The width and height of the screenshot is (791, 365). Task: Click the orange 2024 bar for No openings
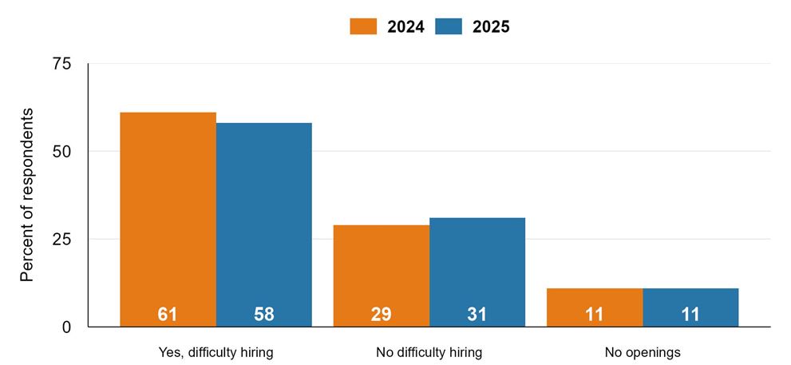594,300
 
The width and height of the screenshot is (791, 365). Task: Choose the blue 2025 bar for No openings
690,300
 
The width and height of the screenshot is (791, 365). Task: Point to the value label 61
168,315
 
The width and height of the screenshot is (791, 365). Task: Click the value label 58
263,315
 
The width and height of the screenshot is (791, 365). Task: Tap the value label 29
381,315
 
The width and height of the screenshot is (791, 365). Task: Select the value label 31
477,315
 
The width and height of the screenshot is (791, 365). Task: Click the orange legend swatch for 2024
362,26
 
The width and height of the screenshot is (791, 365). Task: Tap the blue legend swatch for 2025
448,26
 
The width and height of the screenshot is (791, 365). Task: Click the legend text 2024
405,26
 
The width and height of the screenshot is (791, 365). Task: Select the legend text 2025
491,26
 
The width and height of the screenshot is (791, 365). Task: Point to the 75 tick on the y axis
61,64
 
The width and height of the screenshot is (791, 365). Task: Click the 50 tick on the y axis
61,151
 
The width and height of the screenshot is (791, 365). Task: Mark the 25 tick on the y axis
61,239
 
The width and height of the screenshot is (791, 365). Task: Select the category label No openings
642,352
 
